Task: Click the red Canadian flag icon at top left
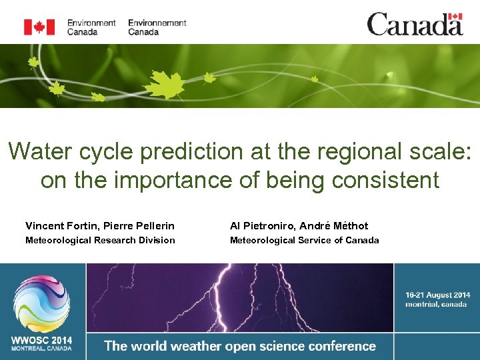coord(39,27)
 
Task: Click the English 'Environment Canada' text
coord(91,27)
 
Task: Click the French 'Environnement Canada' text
coord(157,27)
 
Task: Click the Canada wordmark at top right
coord(414,25)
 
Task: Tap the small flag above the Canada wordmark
coord(455,17)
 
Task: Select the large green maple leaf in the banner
coord(165,85)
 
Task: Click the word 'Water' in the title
coord(39,151)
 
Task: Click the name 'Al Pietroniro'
coord(261,226)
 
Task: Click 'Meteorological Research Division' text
coord(100,240)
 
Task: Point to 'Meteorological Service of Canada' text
coord(304,240)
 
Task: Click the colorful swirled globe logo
coord(42,303)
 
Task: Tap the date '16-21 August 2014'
coord(437,295)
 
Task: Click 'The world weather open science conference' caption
coord(240,346)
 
